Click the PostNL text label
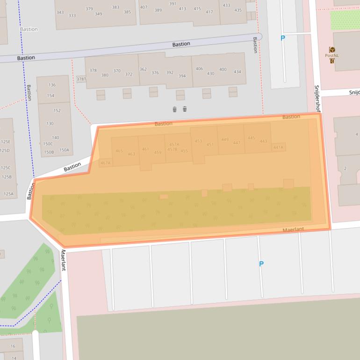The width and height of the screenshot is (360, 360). [332, 56]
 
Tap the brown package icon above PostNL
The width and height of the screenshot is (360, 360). [332, 49]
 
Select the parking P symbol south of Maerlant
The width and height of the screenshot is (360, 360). [261, 264]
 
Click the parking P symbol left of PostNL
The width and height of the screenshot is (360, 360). [282, 38]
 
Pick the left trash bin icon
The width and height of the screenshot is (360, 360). [174, 109]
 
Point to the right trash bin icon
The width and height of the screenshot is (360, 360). [185, 109]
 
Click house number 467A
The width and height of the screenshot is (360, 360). [105, 163]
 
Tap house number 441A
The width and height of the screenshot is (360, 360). [278, 147]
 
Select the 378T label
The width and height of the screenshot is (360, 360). [81, 79]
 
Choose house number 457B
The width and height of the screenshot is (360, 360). [172, 149]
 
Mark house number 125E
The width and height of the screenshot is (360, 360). [6, 141]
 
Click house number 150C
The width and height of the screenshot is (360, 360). [48, 144]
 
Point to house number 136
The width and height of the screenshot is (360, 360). [51, 85]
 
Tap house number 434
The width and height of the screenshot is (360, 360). [238, 72]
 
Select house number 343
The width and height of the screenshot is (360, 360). [60, 12]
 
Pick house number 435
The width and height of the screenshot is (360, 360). [238, 10]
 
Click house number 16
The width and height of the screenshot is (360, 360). [13, 346]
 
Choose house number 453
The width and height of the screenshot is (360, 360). [198, 141]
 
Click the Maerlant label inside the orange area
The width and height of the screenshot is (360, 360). [293, 230]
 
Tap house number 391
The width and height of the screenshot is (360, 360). [173, 4]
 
